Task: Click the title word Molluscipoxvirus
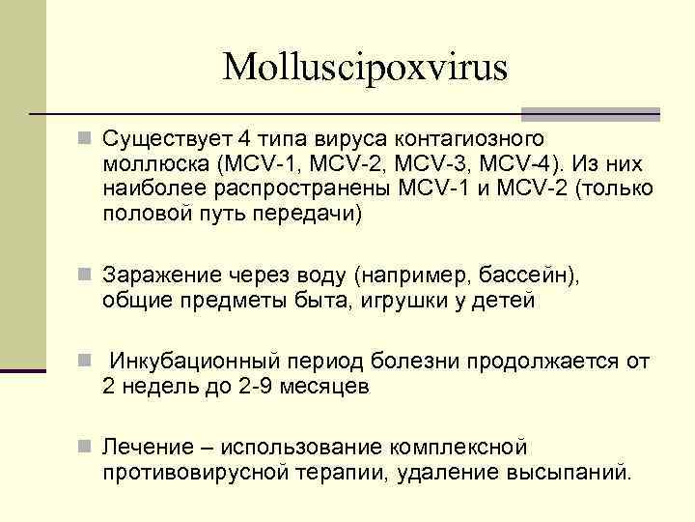(365, 68)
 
